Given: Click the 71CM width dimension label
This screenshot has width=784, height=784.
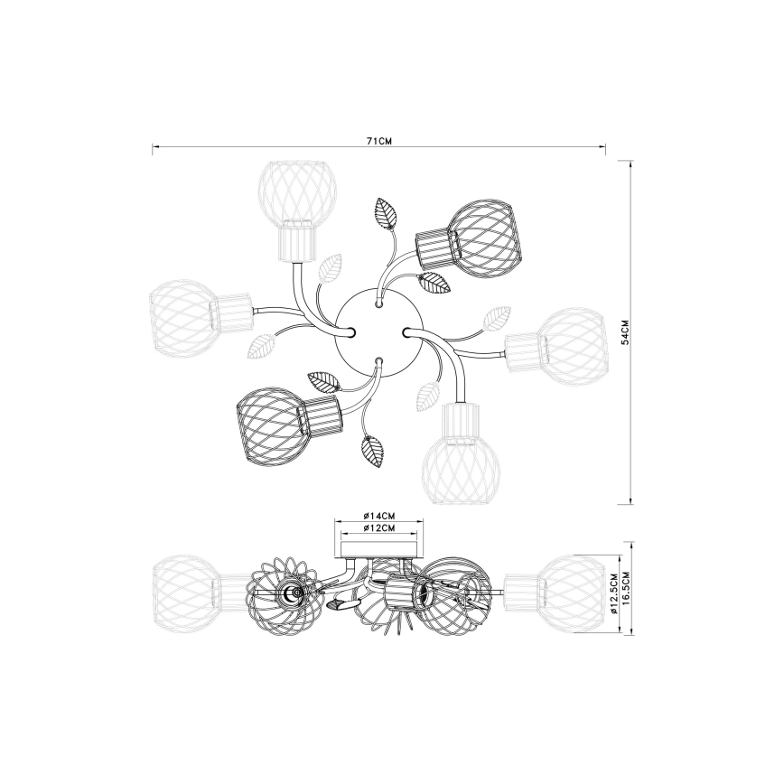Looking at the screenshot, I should click(378, 141).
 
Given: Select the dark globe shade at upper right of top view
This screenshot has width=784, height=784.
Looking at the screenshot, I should click(482, 237).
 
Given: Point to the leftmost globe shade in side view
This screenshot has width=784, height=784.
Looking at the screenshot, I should click(184, 588).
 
